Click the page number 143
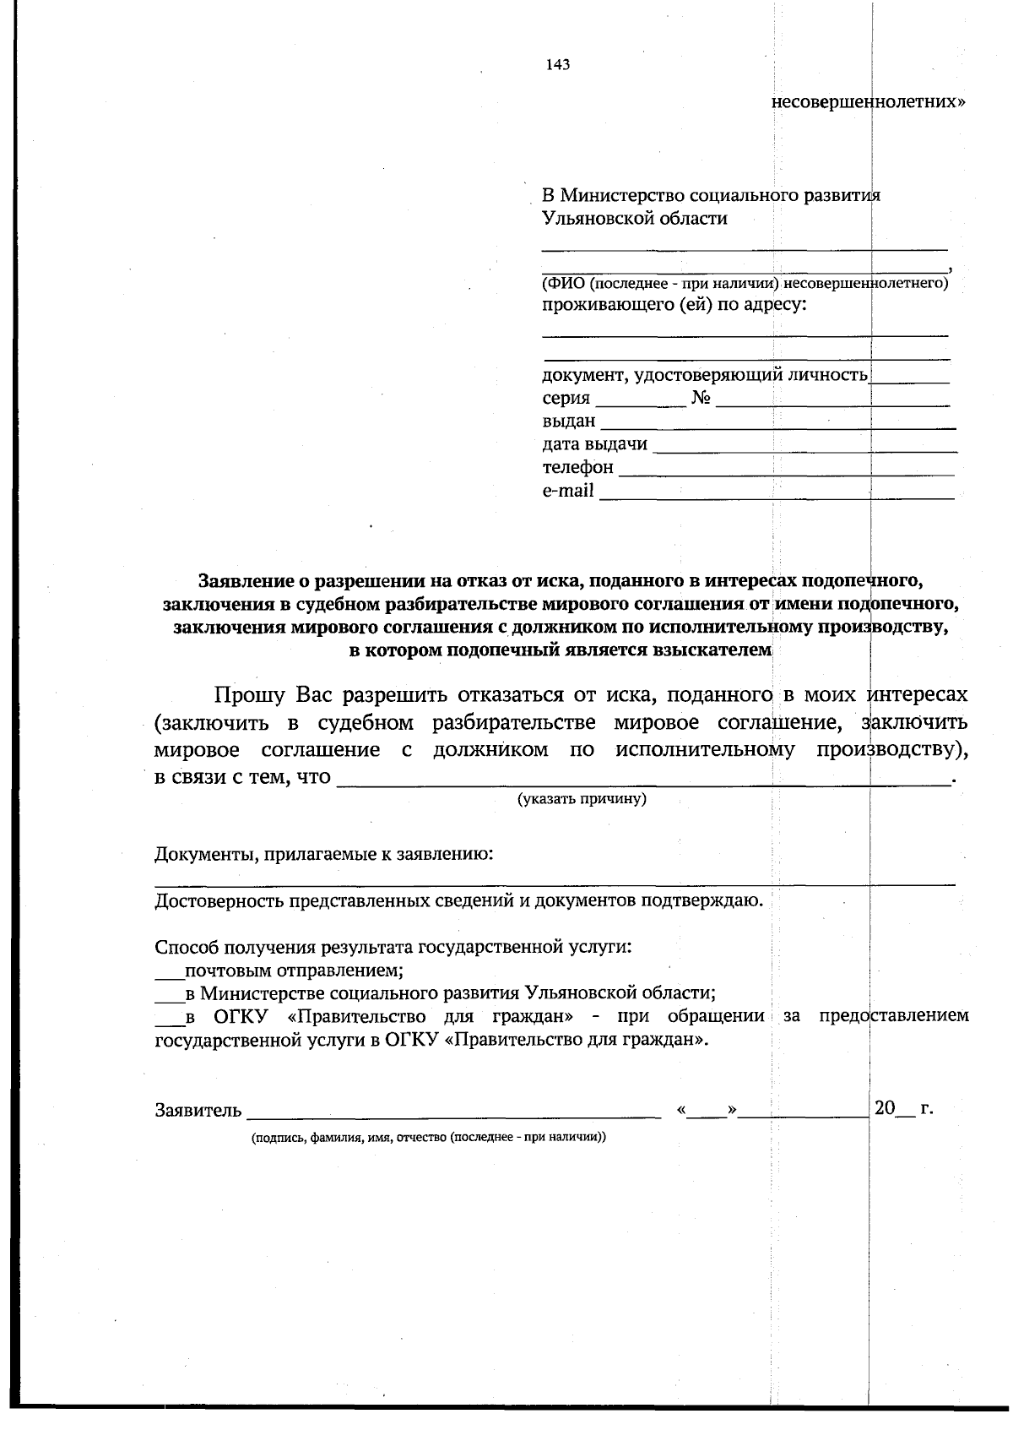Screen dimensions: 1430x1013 point(558,65)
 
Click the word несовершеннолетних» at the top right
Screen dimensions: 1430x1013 point(869,102)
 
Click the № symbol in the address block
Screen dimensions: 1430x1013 point(700,398)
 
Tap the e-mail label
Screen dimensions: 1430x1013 point(568,491)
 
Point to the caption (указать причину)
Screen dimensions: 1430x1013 point(582,798)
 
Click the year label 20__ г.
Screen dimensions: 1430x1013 point(902,1109)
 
